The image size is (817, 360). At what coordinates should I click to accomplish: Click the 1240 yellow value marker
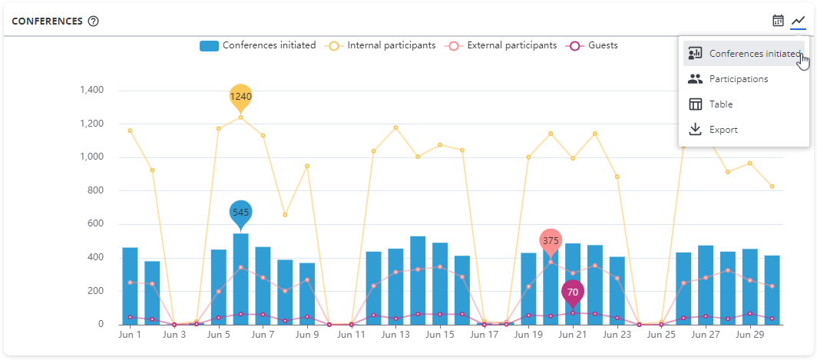(x=240, y=97)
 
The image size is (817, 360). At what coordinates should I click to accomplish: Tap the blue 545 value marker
(x=240, y=212)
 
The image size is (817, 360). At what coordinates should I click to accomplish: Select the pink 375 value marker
(x=551, y=241)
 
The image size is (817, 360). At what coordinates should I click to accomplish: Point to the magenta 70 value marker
(x=573, y=292)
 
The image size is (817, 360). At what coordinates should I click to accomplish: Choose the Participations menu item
(x=738, y=79)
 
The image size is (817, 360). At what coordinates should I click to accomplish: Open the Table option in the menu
(x=720, y=104)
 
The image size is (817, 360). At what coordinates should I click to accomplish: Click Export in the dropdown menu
(x=723, y=130)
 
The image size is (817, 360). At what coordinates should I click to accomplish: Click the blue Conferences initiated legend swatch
(x=209, y=45)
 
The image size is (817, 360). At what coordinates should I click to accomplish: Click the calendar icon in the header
(x=779, y=21)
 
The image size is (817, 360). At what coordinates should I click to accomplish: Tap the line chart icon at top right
(x=799, y=21)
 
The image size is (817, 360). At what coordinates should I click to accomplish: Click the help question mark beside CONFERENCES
(x=94, y=21)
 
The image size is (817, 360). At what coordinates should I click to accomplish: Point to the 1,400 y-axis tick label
(x=91, y=91)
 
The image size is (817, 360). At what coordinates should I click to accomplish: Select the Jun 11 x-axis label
(x=350, y=335)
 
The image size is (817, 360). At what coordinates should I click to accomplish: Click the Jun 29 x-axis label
(x=749, y=335)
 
